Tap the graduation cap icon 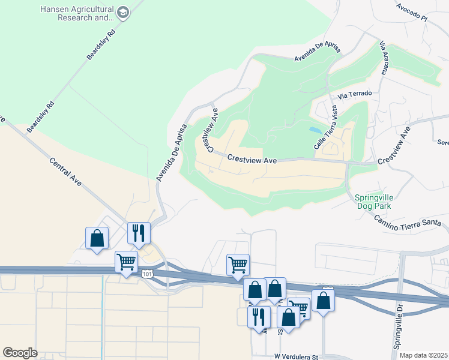coord(122,13)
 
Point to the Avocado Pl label coord(411,12)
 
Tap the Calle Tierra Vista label coord(325,127)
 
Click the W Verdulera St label coord(296,357)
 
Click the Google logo coord(20,353)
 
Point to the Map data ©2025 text coord(423,355)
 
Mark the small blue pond coord(315,130)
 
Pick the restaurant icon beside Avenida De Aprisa coord(139,233)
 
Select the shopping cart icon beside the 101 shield coord(126,262)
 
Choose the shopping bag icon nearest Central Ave coord(97,238)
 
